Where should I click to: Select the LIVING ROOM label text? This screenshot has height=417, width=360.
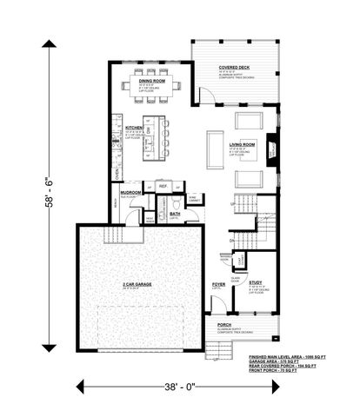coord(242,144)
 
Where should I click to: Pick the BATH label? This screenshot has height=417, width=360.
coord(175,213)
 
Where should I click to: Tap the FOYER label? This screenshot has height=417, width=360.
coord(219,284)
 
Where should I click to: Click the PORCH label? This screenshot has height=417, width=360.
coord(223,324)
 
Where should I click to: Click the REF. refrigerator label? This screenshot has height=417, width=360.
coord(163,185)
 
